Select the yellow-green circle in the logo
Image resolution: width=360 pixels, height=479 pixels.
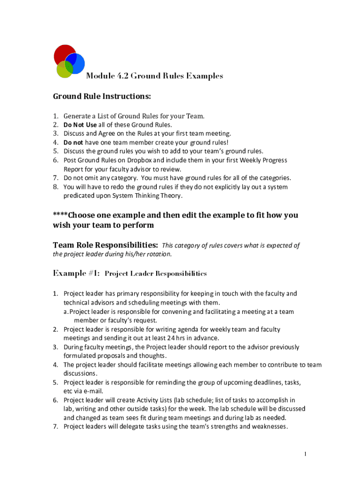pyautogui.click(x=64, y=70)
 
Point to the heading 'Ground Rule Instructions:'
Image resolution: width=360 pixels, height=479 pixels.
pyautogui.click(x=102, y=96)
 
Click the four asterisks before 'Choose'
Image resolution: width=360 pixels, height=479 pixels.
pyautogui.click(x=60, y=215)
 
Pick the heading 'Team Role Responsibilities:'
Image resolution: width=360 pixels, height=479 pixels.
pyautogui.click(x=105, y=245)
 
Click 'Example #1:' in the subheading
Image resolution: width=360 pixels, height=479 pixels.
pyautogui.click(x=76, y=273)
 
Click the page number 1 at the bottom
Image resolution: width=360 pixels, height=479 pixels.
pyautogui.click(x=305, y=454)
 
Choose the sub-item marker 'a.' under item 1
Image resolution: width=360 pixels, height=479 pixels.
pyautogui.click(x=66, y=312)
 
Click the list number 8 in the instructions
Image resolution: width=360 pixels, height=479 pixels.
pyautogui.click(x=55, y=187)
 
